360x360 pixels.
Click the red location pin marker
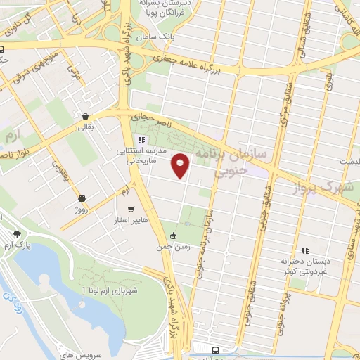(x=181, y=166)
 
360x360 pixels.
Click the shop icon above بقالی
(x=85, y=117)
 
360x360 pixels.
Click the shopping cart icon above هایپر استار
(x=131, y=210)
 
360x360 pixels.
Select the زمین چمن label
(x=172, y=247)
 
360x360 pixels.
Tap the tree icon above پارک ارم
(x=17, y=234)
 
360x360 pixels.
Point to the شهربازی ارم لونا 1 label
(x=112, y=289)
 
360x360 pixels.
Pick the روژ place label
(x=82, y=210)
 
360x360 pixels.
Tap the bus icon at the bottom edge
(x=214, y=349)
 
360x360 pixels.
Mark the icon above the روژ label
(x=82, y=198)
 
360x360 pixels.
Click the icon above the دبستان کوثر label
(x=305, y=250)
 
